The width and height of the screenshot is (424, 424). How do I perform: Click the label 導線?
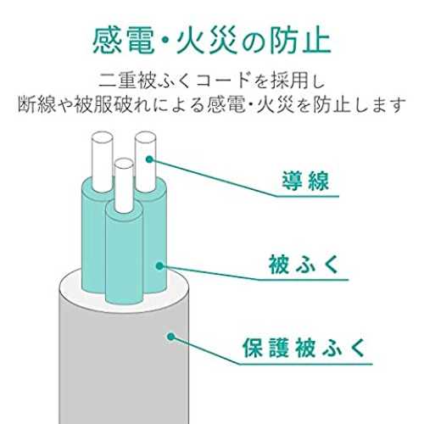(x=305, y=181)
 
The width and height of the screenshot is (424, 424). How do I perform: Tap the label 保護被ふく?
(x=304, y=348)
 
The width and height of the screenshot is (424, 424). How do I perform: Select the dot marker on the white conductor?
(x=149, y=159)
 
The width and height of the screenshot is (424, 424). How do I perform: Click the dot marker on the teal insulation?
(x=159, y=265)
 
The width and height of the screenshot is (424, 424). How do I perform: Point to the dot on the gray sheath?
(x=170, y=337)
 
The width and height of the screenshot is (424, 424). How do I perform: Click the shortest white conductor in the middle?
(x=125, y=185)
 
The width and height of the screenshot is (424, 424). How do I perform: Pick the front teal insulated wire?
(x=124, y=254)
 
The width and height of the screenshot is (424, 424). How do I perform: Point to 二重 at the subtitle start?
(x=117, y=81)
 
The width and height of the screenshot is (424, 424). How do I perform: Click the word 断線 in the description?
(x=36, y=105)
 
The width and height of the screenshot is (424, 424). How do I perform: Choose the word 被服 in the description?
(x=93, y=105)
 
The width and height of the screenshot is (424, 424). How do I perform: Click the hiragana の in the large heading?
(x=253, y=42)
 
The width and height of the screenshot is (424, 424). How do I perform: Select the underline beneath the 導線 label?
(x=306, y=196)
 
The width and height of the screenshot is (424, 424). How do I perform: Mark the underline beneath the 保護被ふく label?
(x=306, y=364)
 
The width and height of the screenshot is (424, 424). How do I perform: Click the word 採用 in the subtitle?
(x=288, y=81)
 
